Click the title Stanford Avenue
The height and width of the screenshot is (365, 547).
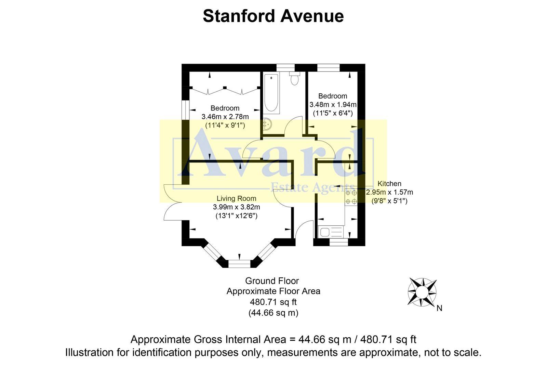pyautogui.click(x=273, y=16)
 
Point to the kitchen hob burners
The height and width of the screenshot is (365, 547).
pyautogui.click(x=351, y=197)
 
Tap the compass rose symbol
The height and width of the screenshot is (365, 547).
pyautogui.click(x=422, y=292)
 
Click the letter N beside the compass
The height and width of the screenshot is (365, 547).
pyautogui.click(x=440, y=308)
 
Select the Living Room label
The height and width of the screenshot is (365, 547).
pyautogui.click(x=236, y=198)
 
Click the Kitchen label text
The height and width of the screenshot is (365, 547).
pyautogui.click(x=389, y=184)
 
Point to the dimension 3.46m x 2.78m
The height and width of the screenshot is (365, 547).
pyautogui.click(x=225, y=117)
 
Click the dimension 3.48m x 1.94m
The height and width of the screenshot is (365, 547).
pyautogui.click(x=333, y=105)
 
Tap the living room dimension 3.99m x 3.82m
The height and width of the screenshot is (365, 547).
pyautogui.click(x=236, y=207)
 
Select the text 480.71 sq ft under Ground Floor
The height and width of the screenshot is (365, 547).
pyautogui.click(x=273, y=302)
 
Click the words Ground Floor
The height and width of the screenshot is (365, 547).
pyautogui.click(x=272, y=281)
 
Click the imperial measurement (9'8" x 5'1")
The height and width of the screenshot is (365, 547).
pyautogui.click(x=389, y=201)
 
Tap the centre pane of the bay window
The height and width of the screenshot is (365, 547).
pyautogui.click(x=239, y=264)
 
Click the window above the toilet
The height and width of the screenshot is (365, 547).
pyautogui.click(x=285, y=68)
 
